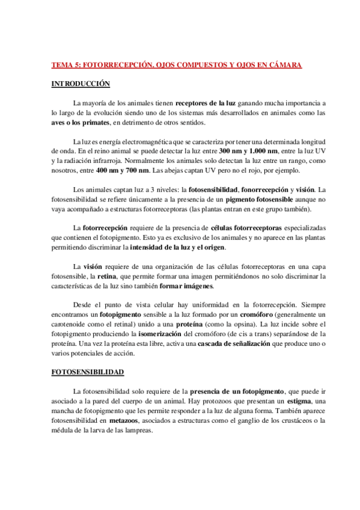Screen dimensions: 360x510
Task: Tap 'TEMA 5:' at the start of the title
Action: pos(65,64)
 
